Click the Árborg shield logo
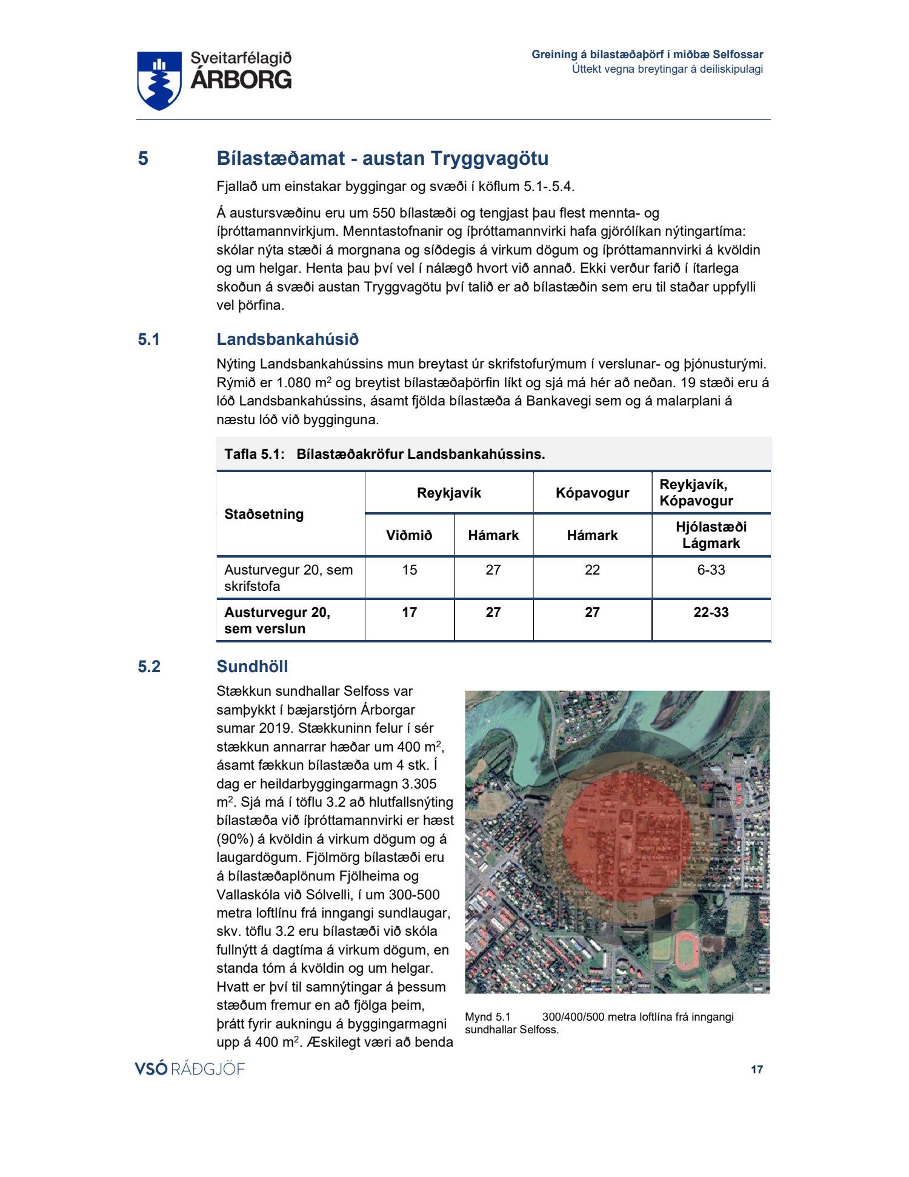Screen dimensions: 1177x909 [x=159, y=80]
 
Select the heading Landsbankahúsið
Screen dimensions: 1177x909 [x=287, y=339]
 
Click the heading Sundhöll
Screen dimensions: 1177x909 [x=252, y=667]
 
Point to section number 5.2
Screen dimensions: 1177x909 [x=149, y=667]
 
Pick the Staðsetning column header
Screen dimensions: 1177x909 [x=264, y=514]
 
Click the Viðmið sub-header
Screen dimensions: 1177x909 [x=409, y=535]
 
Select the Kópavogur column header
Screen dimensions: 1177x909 [x=592, y=493]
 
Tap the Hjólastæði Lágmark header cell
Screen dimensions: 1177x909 [x=711, y=535]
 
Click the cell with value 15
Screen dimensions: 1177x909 [x=409, y=570]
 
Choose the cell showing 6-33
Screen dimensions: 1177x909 [x=711, y=570]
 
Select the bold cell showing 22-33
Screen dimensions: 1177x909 [x=711, y=612]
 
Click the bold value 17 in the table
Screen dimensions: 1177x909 [x=409, y=612]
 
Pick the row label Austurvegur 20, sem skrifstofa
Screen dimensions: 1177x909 [x=288, y=578]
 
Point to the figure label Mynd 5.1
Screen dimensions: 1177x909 [x=488, y=1016]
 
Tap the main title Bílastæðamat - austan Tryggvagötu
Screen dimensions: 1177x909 [x=382, y=158]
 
